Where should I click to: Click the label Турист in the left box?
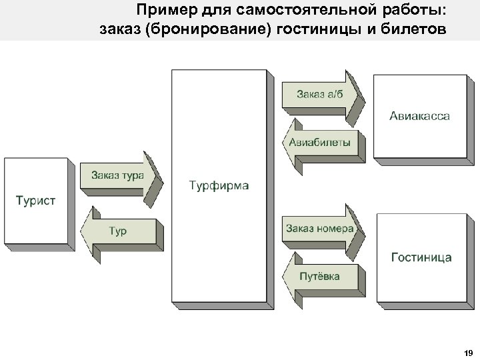(x=35, y=200)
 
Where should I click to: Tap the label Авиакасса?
(x=419, y=115)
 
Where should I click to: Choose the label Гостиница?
(x=421, y=257)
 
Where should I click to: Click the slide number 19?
(x=467, y=353)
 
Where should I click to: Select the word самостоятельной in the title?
(x=306, y=10)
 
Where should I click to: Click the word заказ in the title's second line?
(x=117, y=30)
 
